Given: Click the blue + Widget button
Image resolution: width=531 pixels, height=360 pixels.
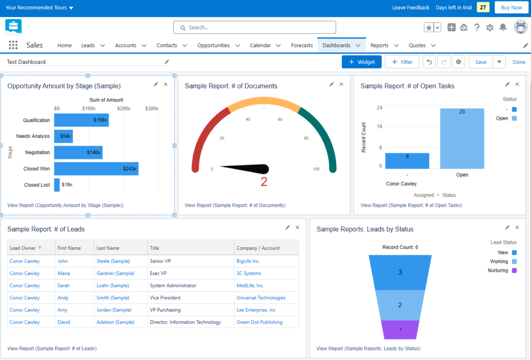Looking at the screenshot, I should [x=361, y=62].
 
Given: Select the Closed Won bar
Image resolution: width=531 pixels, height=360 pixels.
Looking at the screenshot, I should [x=96, y=169].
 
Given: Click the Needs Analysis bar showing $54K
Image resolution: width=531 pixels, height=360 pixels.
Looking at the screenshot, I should [x=63, y=136].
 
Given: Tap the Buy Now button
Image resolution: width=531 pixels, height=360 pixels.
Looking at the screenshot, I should [x=508, y=8].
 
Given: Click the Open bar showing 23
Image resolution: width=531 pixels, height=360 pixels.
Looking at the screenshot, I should [x=462, y=139].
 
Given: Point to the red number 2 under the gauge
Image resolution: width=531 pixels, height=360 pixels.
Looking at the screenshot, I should [x=264, y=182].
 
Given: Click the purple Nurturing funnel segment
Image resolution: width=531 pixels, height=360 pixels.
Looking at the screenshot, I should [x=400, y=329].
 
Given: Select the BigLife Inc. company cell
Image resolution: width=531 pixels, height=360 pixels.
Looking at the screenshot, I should [x=248, y=261].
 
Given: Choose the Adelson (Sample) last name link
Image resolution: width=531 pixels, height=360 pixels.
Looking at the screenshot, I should [x=115, y=322].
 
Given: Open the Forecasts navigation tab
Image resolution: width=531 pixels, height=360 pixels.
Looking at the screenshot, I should [x=302, y=45].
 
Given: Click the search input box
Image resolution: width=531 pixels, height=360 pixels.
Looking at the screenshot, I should [x=254, y=27].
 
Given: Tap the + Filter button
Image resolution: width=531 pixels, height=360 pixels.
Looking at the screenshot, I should [x=402, y=62].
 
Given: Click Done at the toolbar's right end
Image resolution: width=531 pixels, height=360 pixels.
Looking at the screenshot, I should [x=519, y=62].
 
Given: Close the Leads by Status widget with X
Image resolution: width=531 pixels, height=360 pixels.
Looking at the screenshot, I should [x=517, y=227].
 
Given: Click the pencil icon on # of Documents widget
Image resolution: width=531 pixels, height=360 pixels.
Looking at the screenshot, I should [x=331, y=84].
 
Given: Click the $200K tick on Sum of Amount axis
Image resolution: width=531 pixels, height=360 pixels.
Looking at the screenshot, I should [x=123, y=108].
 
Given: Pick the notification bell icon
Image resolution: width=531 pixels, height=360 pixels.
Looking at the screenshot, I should [x=502, y=27].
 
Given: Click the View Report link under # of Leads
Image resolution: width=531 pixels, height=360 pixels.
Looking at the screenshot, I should [x=52, y=349].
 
